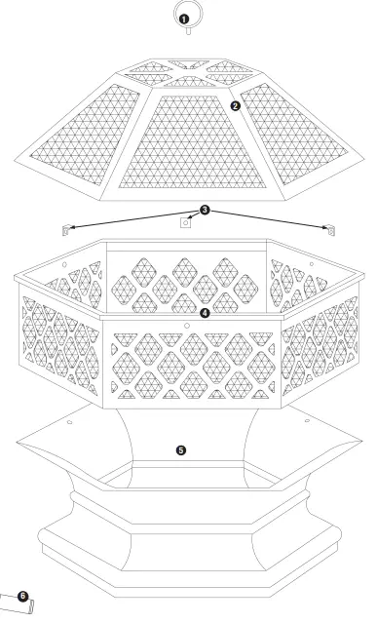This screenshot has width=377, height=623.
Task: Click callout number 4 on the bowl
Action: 204,313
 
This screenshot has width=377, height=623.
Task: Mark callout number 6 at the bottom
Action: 23,592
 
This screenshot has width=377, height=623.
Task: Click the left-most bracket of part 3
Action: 64,230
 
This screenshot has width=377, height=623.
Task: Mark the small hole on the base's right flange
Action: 306,420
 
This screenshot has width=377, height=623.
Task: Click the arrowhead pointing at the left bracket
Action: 72,226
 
